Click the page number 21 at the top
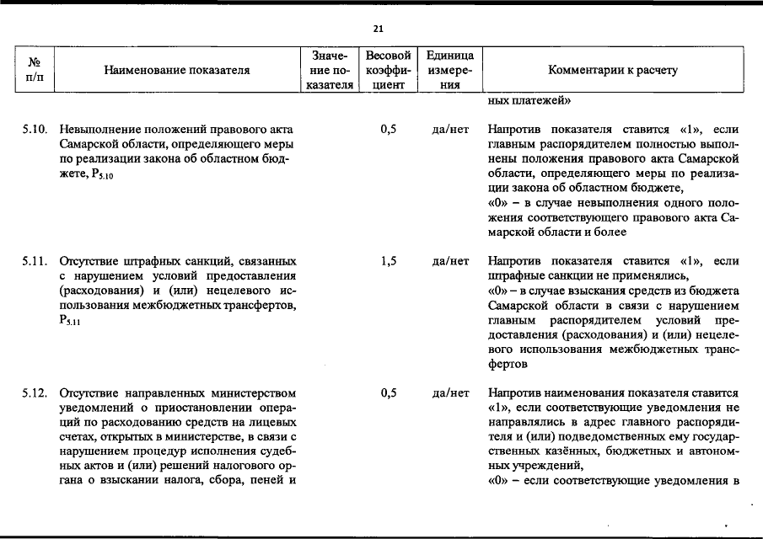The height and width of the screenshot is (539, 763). click(x=378, y=29)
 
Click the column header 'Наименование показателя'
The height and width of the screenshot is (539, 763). click(x=177, y=71)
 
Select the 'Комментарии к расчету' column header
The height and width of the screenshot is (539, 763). click(x=613, y=71)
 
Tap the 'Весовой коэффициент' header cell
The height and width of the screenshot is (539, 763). click(x=389, y=70)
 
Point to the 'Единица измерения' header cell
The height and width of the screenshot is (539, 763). click(x=450, y=70)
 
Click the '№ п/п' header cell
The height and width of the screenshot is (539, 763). click(x=35, y=70)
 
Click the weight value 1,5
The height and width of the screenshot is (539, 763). click(x=389, y=261)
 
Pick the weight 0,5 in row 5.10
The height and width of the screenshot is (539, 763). click(x=389, y=131)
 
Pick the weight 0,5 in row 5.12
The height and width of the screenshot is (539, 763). click(x=389, y=392)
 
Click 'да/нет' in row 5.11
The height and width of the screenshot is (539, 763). click(x=450, y=261)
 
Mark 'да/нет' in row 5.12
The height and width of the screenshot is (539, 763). click(x=450, y=392)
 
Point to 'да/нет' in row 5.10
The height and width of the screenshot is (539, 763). click(x=450, y=131)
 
